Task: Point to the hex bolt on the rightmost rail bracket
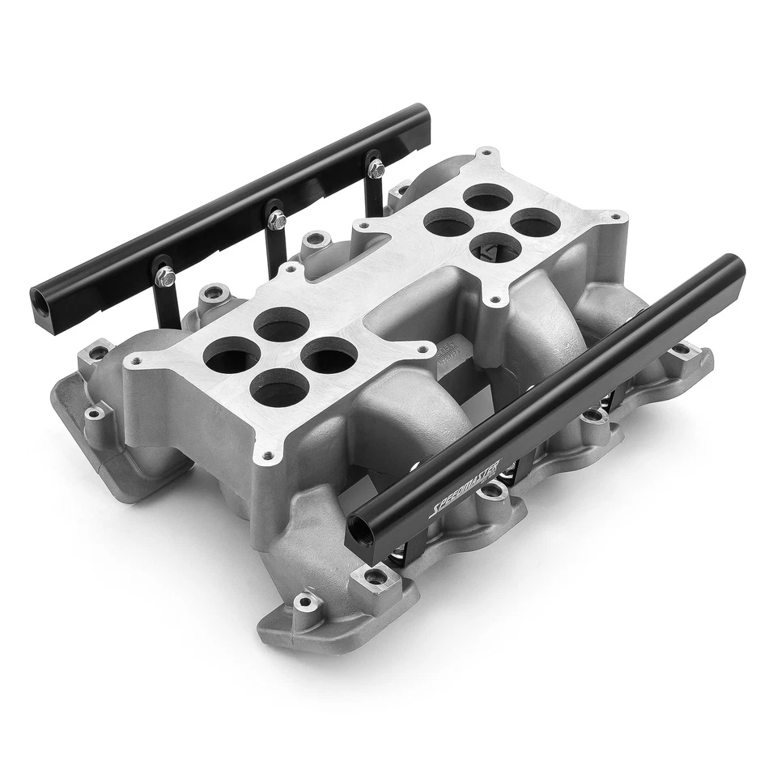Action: coord(375,168)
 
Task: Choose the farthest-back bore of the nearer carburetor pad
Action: coord(281,325)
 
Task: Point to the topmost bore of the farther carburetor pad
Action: coord(486,196)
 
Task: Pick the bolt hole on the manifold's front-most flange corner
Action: coord(304,601)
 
